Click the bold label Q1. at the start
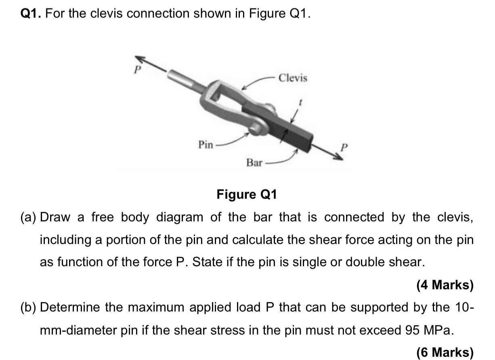(31, 14)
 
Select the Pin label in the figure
(206, 144)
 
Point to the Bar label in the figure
(254, 163)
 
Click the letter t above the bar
(299, 103)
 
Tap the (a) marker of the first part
(29, 217)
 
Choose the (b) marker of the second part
(29, 308)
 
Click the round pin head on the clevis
(256, 129)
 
